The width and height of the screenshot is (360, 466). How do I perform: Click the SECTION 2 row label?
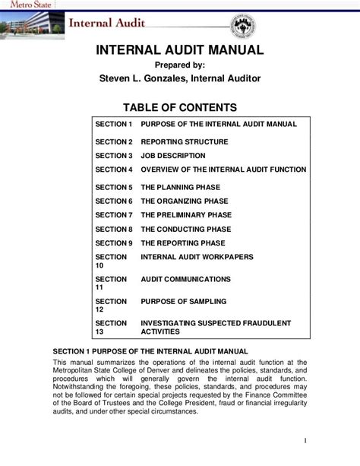(x=114, y=142)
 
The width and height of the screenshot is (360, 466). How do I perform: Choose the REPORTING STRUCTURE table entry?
(x=185, y=142)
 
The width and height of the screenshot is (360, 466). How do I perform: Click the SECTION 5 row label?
(x=114, y=187)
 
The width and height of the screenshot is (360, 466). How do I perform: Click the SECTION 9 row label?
(x=114, y=243)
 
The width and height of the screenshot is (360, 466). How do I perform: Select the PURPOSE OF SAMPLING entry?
(x=182, y=302)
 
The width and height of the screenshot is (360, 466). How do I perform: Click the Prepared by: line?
(x=179, y=65)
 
